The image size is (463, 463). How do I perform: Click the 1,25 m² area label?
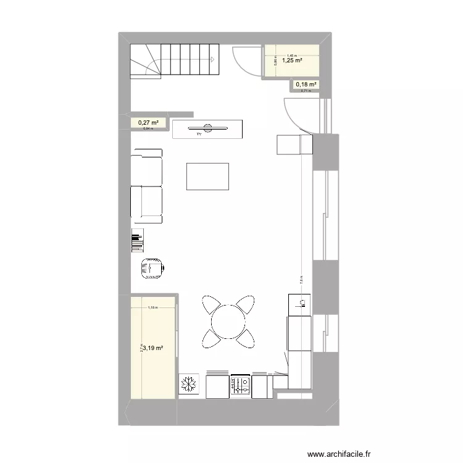point(291,60)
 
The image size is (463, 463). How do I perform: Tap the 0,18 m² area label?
point(306,85)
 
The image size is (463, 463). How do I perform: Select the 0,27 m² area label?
point(148,123)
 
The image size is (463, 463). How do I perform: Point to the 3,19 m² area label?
point(153,348)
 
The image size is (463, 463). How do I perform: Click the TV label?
point(199,133)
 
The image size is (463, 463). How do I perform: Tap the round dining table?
point(228,321)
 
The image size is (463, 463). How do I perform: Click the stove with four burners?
point(240,386)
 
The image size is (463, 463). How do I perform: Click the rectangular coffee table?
point(207,177)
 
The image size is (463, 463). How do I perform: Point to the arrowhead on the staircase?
point(212,60)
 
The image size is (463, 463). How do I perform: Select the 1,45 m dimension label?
point(291,55)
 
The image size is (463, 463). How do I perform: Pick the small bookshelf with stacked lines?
point(137,240)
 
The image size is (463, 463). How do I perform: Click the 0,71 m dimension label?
point(306,91)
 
